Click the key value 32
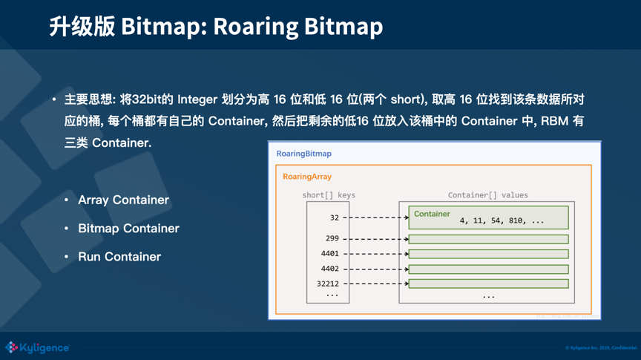coord(334,217)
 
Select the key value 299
coord(332,238)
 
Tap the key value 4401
coord(329,253)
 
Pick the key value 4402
coord(329,269)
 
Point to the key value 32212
coord(327,284)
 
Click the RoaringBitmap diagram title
coord(303,154)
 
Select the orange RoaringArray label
coord(306,177)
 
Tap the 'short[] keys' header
coord(329,195)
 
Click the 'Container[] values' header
coord(487,195)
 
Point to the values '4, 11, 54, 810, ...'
coord(502,220)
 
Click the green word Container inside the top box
coord(432,214)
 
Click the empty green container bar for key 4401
coord(488,254)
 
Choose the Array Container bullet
coord(123,200)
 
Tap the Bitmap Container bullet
coord(128,228)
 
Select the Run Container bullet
coord(119,257)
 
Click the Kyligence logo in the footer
coord(37,347)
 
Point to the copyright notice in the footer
coord(600,347)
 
